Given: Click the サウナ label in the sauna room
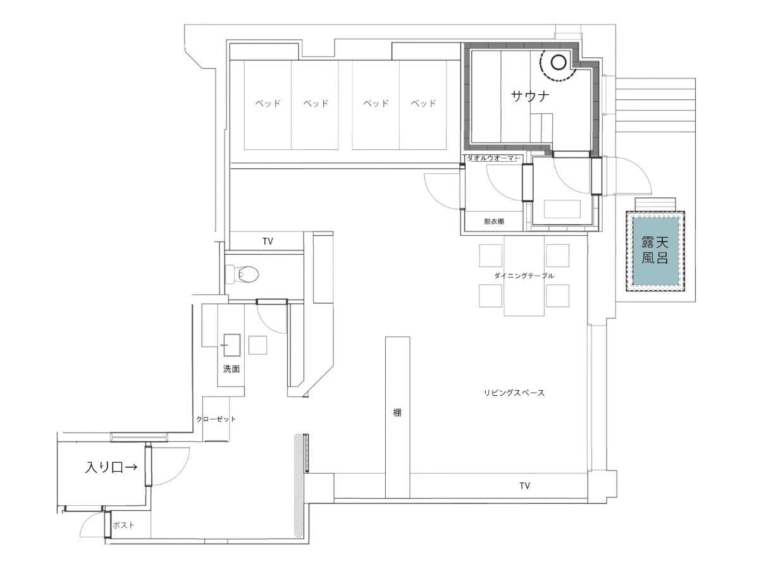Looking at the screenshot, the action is [x=530, y=96].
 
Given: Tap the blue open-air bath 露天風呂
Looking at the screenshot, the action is [x=655, y=250].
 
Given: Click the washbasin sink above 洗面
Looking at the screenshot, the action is [x=232, y=345].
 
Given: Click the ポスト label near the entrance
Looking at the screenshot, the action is [x=123, y=525].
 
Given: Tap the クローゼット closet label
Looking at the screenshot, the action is [x=216, y=419].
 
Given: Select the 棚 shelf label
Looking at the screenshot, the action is [x=397, y=412].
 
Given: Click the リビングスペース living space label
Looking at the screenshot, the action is [x=514, y=393].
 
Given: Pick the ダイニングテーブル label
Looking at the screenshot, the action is [x=524, y=276].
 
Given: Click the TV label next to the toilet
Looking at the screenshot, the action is [x=268, y=241].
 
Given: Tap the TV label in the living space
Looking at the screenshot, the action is [x=524, y=486].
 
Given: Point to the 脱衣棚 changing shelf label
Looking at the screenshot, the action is [x=494, y=221].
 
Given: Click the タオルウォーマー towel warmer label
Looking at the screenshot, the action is [x=491, y=158].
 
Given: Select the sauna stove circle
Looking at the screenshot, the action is [x=558, y=63].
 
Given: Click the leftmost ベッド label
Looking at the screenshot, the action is [x=268, y=103].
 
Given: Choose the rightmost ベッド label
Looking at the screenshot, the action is [x=423, y=103].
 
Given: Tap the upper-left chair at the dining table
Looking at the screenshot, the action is [x=490, y=255].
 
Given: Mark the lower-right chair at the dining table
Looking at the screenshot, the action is [x=557, y=296].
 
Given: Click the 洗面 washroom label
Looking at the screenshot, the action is [x=231, y=369].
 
